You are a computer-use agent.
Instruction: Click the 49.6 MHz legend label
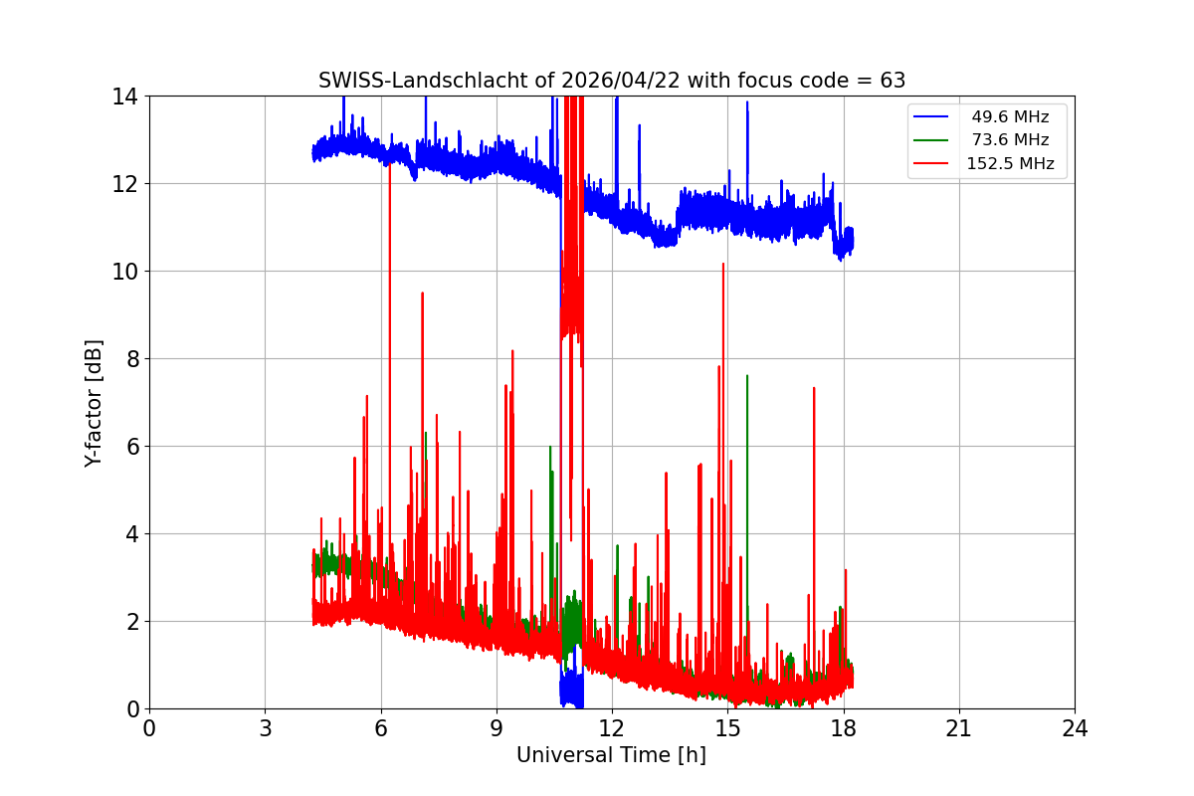(x=1010, y=116)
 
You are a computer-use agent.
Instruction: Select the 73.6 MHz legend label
(x=1010, y=140)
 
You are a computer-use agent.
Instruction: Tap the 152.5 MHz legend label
(x=1010, y=163)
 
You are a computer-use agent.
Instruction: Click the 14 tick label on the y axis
(x=124, y=97)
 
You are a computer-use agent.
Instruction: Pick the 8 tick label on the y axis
(x=130, y=358)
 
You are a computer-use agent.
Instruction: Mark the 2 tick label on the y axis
(x=130, y=621)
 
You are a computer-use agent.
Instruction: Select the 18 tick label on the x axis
(x=843, y=728)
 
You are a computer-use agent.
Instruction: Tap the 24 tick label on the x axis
(x=1075, y=728)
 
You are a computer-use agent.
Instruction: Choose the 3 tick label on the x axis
(x=265, y=728)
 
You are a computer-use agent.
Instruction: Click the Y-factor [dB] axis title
(x=95, y=403)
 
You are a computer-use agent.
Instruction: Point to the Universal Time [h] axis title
(x=611, y=755)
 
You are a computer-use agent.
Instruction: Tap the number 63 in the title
(x=893, y=81)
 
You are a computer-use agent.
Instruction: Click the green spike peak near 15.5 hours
(x=747, y=376)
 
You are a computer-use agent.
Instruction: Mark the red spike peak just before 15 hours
(x=723, y=264)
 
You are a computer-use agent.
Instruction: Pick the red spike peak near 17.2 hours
(x=814, y=388)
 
